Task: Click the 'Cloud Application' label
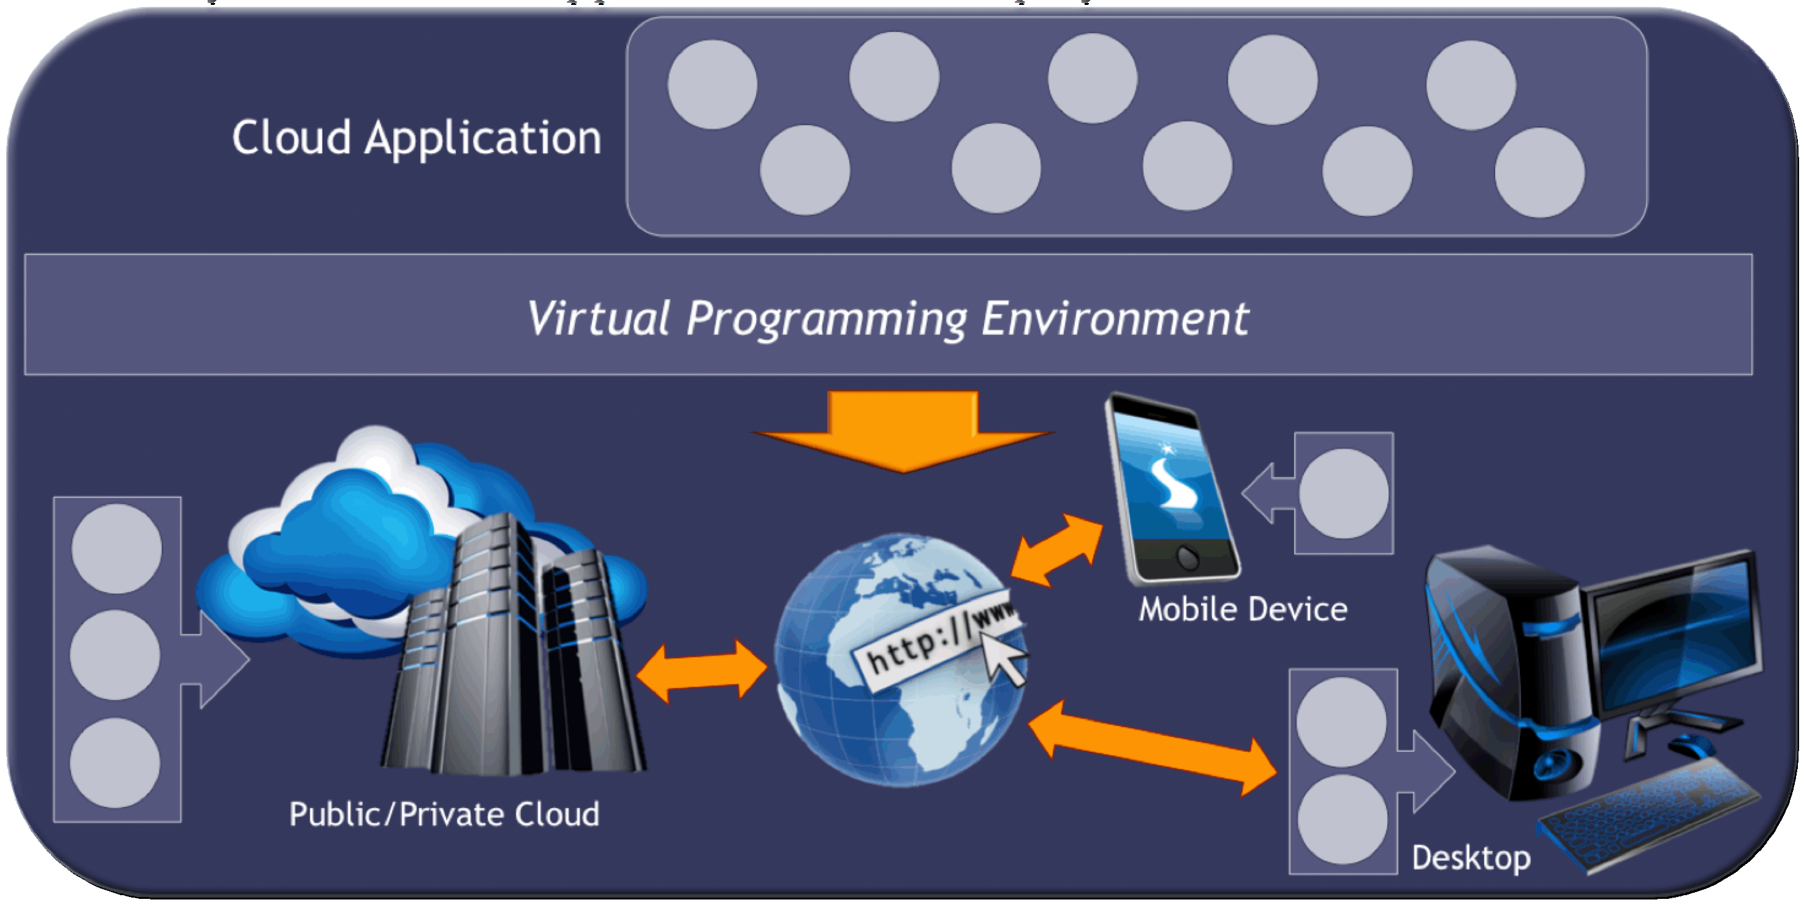(416, 137)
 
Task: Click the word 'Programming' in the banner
(827, 319)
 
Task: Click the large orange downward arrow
(903, 431)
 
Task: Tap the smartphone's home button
(1188, 559)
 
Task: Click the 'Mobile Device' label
(1243, 609)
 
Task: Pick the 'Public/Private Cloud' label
(445, 814)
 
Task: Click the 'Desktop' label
(1471, 857)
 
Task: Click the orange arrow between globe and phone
(1058, 550)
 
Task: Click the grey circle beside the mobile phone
(1343, 494)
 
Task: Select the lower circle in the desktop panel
(1342, 820)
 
